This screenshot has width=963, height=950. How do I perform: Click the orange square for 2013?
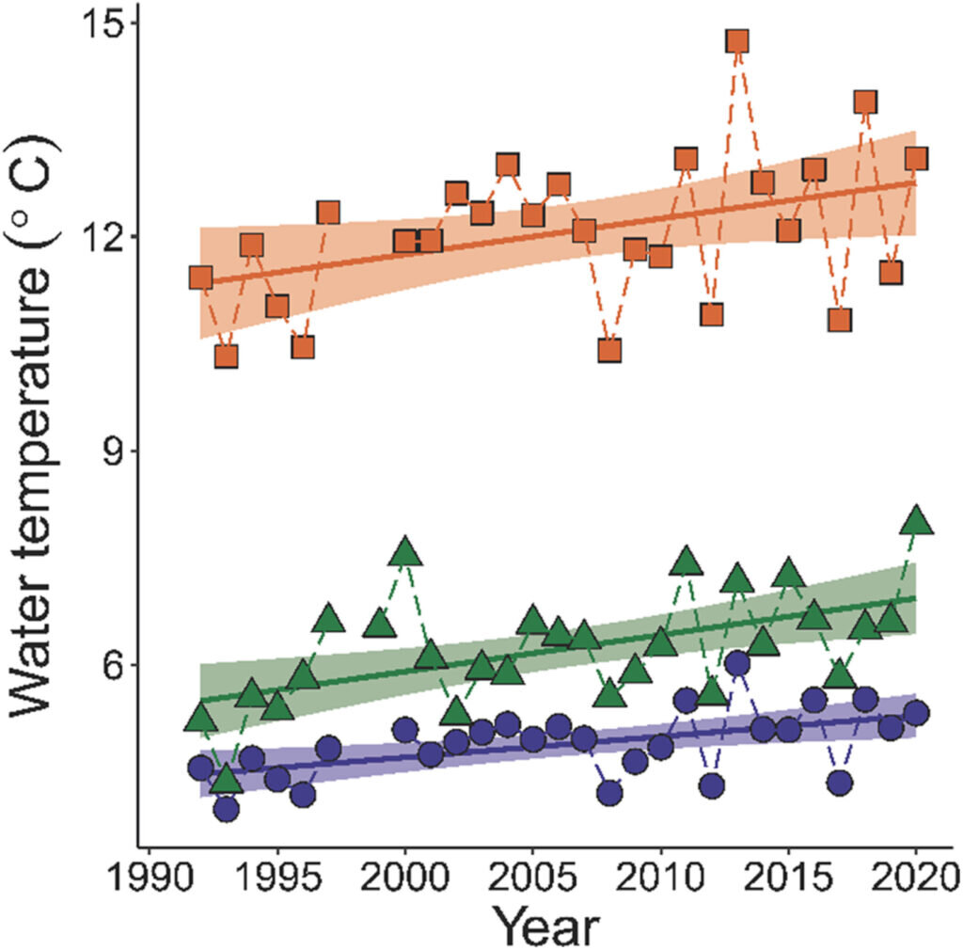736,41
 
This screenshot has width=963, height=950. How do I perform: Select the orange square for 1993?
226,356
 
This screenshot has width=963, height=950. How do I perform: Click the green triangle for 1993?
226,780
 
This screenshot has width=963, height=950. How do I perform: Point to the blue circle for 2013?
737,663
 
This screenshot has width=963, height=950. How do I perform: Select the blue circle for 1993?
226,809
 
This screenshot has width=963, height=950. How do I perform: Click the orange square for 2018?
865,102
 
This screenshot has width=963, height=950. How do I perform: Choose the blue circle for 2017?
840,782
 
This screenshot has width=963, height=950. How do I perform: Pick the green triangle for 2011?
687,562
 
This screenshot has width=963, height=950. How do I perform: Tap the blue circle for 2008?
609,793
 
